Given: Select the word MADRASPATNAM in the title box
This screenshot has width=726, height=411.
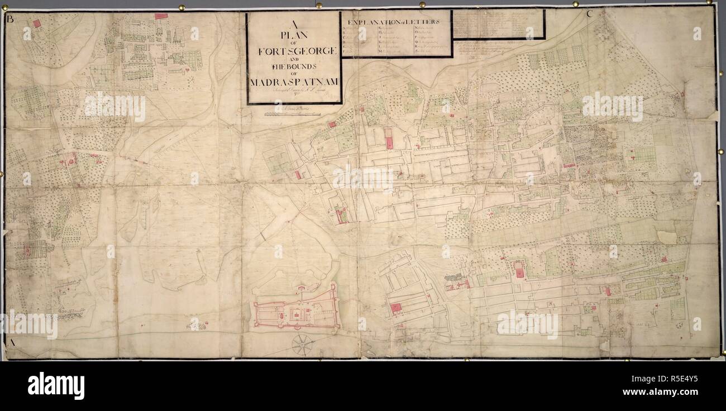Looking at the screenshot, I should [293, 83].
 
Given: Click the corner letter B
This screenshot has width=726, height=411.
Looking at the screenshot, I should [9, 19].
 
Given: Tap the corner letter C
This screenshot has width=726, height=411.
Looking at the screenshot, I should [589, 15].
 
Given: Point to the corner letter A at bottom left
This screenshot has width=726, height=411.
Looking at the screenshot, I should [11, 341].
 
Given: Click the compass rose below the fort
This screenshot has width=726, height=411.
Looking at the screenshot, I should [302, 344].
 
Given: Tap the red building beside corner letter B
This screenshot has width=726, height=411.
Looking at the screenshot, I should [37, 23].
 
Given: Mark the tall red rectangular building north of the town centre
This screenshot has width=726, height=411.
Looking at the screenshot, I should [389, 138].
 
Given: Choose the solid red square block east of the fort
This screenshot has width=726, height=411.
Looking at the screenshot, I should [396, 307].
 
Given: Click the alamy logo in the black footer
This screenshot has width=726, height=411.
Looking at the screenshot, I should [56, 386].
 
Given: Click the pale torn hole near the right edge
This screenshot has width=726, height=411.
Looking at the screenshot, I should [666, 237].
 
